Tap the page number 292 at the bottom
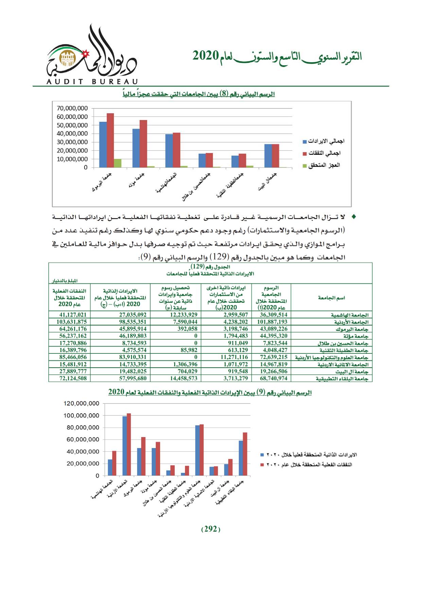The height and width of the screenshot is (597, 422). coord(211,529)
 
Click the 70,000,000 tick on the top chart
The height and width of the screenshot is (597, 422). coord(72,108)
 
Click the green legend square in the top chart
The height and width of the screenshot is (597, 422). coord(305,166)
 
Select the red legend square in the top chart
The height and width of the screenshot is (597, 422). coord(305,153)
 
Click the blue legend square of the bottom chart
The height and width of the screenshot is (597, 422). coord(262,455)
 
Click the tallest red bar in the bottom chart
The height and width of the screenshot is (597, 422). coord(129,444)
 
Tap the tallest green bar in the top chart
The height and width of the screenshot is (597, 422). coord(117,163)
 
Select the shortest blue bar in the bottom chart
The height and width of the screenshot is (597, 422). coord(183,474)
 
